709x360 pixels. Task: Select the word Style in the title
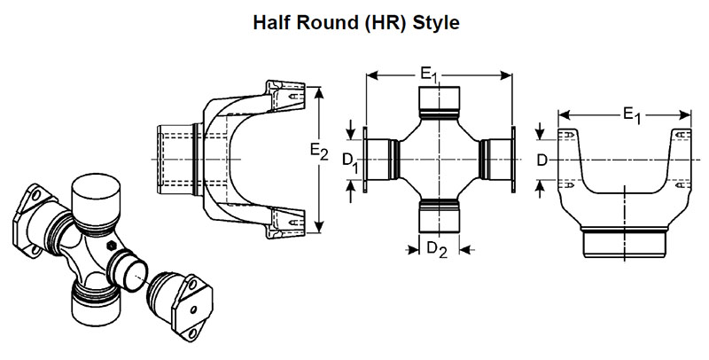tap(433, 22)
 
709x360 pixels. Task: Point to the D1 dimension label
tap(351, 160)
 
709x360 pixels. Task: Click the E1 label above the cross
tap(431, 76)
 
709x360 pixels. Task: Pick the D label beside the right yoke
tap(542, 160)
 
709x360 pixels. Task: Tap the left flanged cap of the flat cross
tap(379, 160)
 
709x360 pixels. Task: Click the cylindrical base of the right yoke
tap(624, 240)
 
